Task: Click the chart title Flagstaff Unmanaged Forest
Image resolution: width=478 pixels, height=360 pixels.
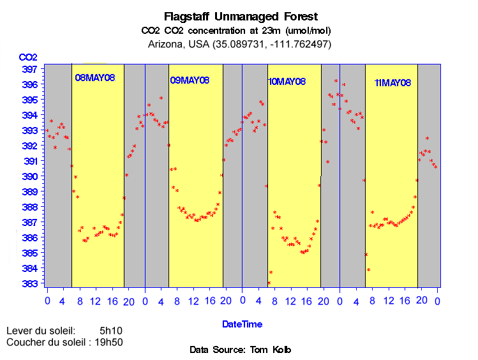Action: pyautogui.click(x=240, y=16)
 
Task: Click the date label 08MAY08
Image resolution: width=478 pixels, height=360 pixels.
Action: pyautogui.click(x=94, y=78)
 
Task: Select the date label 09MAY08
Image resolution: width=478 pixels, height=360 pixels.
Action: pyautogui.click(x=190, y=80)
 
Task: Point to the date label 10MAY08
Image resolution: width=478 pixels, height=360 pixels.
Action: pyautogui.click(x=287, y=82)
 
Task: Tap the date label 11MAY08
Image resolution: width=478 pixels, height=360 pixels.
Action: pyautogui.click(x=392, y=83)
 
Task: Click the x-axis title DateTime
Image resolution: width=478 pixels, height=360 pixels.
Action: pyautogui.click(x=242, y=324)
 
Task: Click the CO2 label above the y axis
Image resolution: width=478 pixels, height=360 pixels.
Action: pyautogui.click(x=29, y=57)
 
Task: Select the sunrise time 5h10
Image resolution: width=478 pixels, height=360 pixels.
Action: pyautogui.click(x=111, y=331)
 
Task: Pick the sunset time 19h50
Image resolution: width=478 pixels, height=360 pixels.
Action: pyautogui.click(x=108, y=342)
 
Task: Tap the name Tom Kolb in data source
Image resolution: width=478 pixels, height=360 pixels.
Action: pyautogui.click(x=269, y=350)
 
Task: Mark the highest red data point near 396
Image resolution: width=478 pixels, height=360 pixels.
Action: pyautogui.click(x=336, y=80)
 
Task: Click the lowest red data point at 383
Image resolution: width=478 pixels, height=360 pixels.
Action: pyautogui.click(x=269, y=283)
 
